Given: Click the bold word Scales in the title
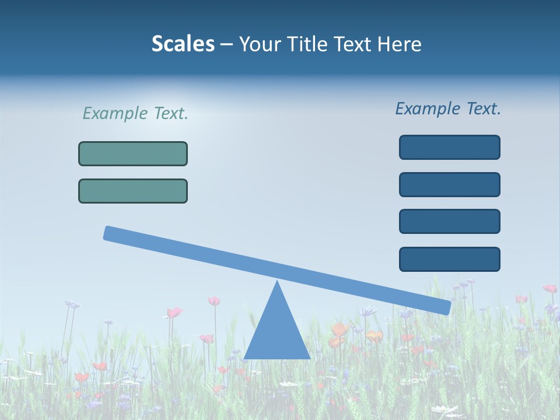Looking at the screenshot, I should click(x=183, y=44).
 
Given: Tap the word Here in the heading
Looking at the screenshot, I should click(x=398, y=44).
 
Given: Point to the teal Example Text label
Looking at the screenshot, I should click(x=135, y=113).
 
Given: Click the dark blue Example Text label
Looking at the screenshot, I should click(x=448, y=108).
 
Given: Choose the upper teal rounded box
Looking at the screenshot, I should click(x=133, y=153).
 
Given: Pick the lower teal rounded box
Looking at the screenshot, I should click(x=133, y=191).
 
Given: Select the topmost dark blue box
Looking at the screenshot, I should click(x=449, y=147).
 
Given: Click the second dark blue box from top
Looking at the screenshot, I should click(x=449, y=184).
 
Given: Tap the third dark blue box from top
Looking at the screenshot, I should click(x=449, y=221).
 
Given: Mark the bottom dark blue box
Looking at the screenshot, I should click(x=449, y=259).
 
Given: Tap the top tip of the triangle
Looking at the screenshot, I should click(x=277, y=283).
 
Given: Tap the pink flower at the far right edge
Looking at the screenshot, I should click(x=549, y=288).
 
